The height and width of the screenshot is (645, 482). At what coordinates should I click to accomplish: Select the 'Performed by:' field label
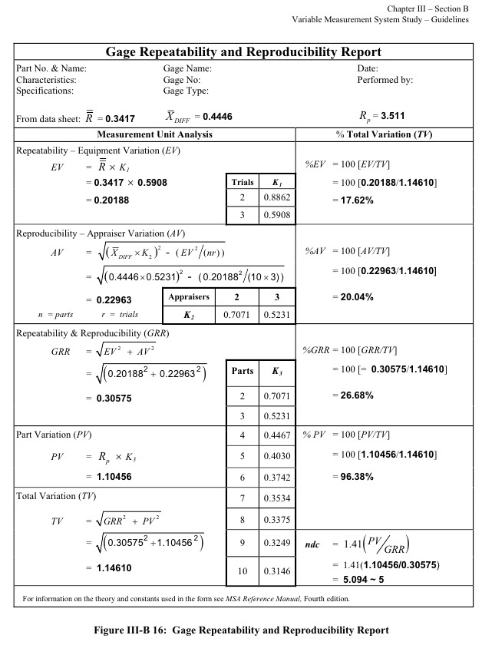click(x=385, y=79)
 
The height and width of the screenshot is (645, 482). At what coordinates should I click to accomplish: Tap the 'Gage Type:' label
click(x=187, y=90)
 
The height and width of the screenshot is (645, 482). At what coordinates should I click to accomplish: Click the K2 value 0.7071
click(x=233, y=314)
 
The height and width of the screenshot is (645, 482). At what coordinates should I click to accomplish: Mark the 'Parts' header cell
click(x=243, y=371)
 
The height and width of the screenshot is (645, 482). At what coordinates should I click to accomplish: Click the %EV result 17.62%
click(x=352, y=200)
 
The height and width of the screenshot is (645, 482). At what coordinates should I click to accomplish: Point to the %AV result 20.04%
click(x=352, y=296)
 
